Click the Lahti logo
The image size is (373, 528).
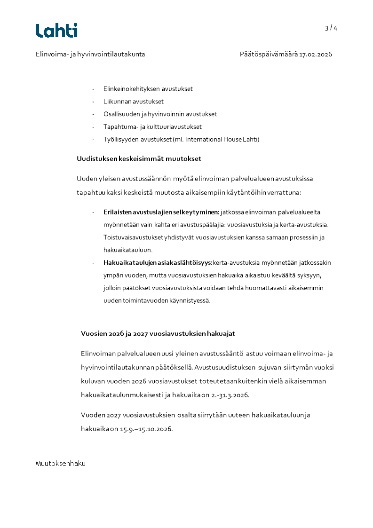56,31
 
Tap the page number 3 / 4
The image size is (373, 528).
331,28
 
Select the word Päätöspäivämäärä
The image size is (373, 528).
268,54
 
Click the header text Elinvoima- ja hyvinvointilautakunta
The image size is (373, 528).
90,54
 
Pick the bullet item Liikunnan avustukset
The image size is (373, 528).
134,101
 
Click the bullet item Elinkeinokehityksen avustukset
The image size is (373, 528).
148,88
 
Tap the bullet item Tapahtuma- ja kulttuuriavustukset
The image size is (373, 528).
152,126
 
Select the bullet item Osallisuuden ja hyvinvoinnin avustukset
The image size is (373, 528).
160,114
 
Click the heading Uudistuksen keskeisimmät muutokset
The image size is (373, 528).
139,158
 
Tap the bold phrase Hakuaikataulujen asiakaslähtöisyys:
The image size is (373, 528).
158,262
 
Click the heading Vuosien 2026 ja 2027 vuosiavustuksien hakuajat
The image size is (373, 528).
158,333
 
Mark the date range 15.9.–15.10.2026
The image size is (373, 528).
146,428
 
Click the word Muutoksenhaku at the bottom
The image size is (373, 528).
61,464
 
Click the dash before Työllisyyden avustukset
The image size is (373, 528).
94,139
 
